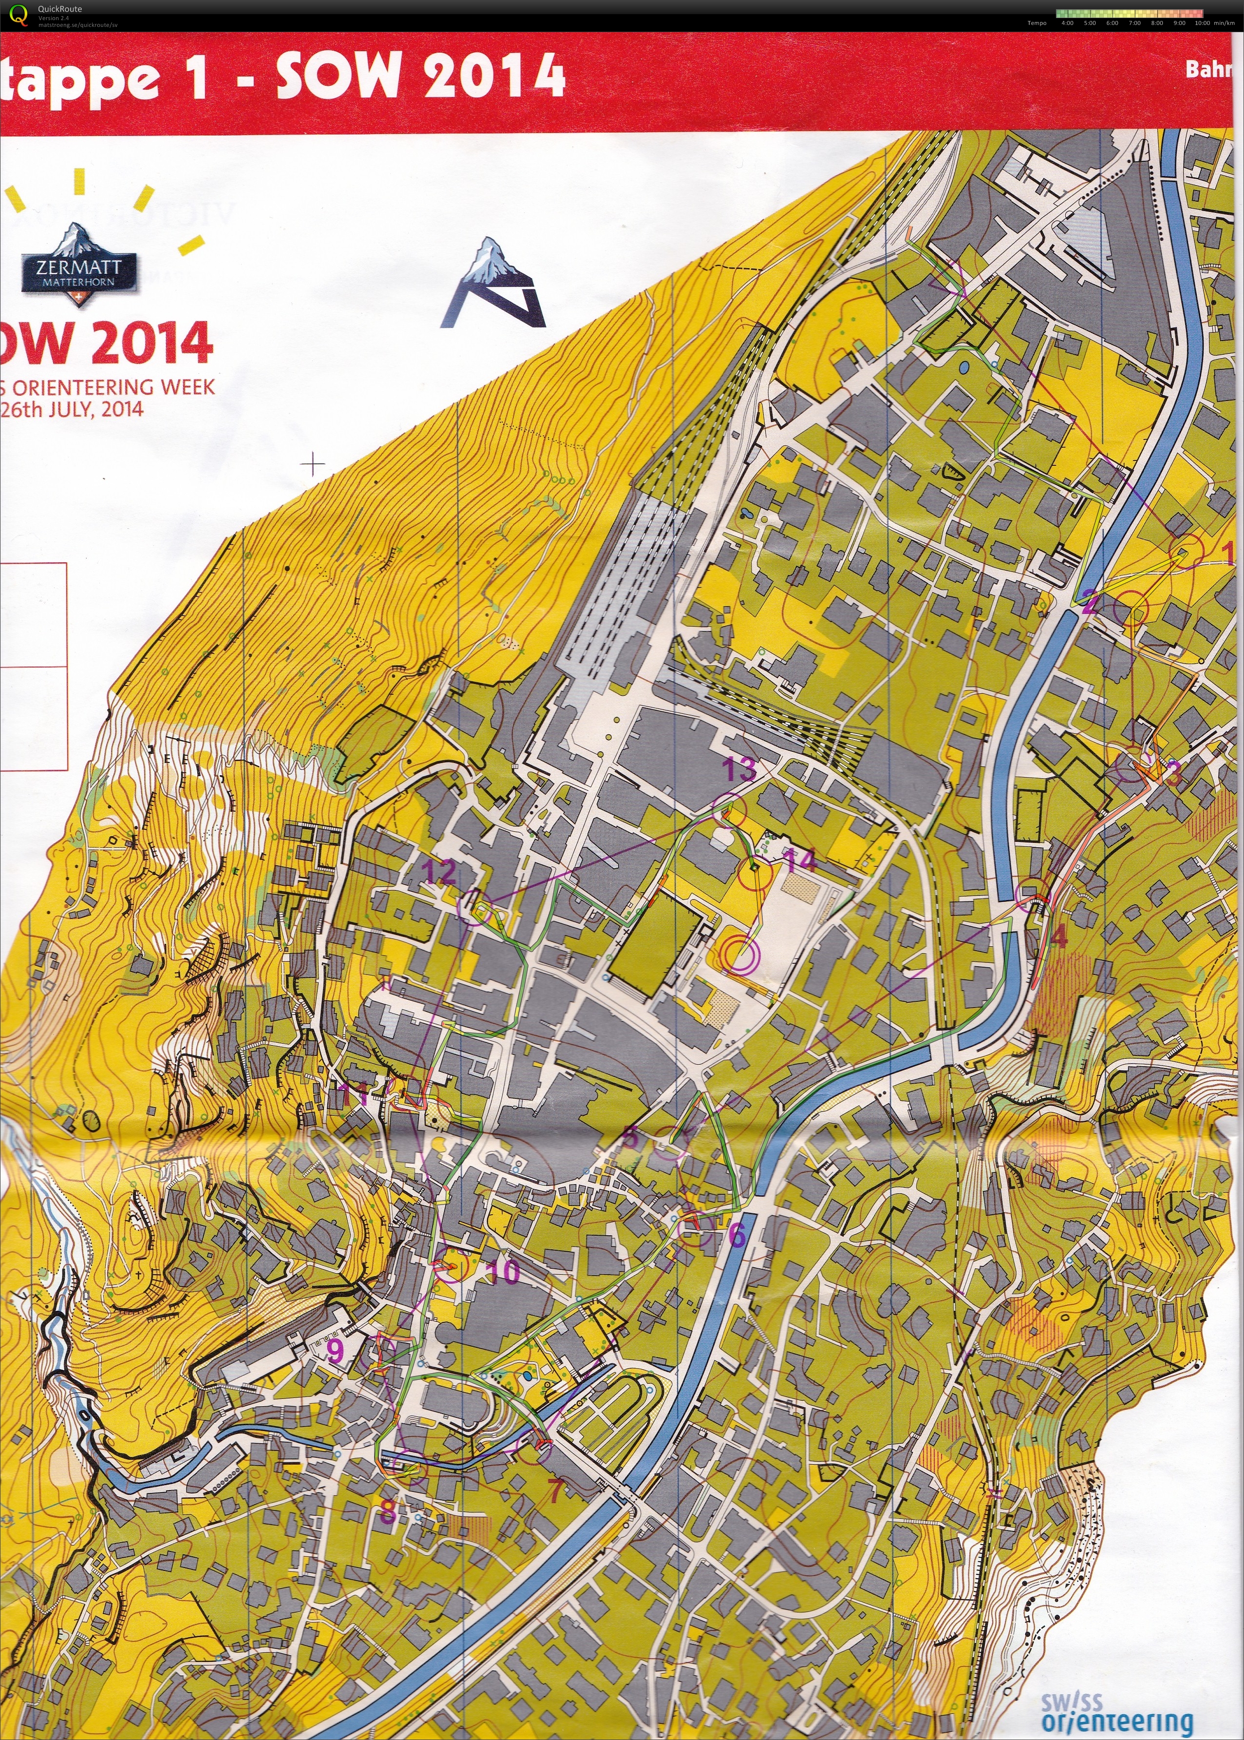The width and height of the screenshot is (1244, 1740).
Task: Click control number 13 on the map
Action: click(740, 768)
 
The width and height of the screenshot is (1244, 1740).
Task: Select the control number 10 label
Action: click(503, 1272)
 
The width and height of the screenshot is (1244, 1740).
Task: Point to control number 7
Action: click(554, 1447)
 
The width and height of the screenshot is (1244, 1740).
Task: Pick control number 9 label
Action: click(336, 1350)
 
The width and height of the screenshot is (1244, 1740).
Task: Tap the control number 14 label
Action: click(800, 860)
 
